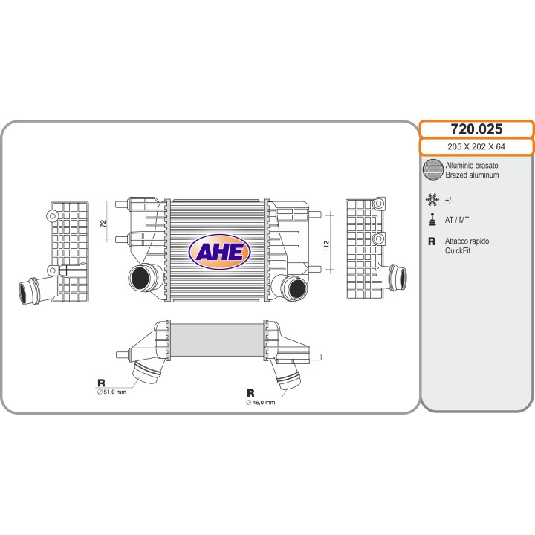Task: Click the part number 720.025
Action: (476, 129)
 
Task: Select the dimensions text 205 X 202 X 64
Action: (476, 146)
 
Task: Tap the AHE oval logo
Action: (219, 252)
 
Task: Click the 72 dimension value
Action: (103, 224)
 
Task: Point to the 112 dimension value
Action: (326, 246)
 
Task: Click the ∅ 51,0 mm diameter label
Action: (112, 392)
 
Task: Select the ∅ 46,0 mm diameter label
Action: (261, 403)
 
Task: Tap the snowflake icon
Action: (432, 200)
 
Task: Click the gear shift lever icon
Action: (432, 219)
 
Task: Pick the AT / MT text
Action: (457, 220)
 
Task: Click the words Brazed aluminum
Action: (472, 175)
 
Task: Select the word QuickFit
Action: (458, 251)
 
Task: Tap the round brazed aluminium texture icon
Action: (432, 169)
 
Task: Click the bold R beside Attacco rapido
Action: (432, 241)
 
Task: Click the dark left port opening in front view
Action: (140, 279)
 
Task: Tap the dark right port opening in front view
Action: (297, 288)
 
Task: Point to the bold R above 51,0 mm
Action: (101, 383)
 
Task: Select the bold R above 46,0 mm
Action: (250, 393)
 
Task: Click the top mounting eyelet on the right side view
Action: (379, 204)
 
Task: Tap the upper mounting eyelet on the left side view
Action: (52, 216)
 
